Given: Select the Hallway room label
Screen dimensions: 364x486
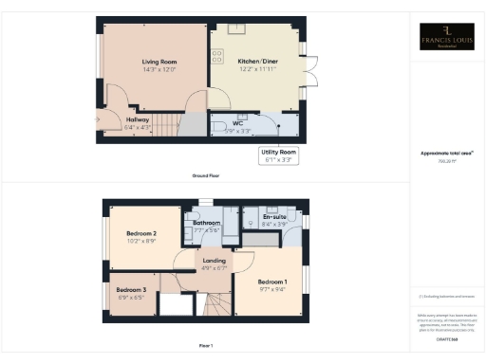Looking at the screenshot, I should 139,119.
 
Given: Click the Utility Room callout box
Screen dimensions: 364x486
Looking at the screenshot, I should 278,155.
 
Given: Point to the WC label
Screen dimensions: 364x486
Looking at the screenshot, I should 238,123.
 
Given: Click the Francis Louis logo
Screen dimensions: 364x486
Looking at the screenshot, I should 448,40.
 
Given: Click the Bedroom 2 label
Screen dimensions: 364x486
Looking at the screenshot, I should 141,232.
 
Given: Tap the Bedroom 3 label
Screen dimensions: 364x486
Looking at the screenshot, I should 132,289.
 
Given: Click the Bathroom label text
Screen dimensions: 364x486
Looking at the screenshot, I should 207,223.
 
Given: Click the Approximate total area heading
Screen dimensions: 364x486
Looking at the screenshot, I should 447,153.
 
